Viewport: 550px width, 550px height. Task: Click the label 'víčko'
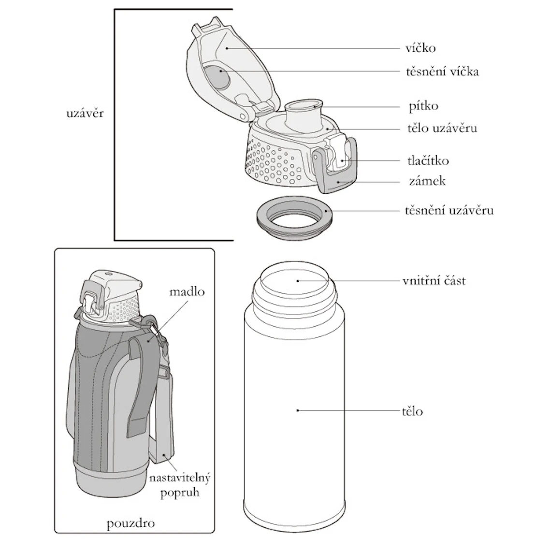[x=420, y=48]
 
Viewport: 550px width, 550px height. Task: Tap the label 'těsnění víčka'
[x=442, y=71]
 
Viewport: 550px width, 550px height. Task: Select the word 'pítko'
[x=423, y=106]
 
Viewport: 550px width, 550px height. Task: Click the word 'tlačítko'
[x=428, y=160]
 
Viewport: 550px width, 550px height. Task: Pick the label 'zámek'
[x=427, y=181]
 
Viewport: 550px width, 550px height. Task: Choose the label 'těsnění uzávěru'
[x=449, y=210]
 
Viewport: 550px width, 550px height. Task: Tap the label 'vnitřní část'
[x=434, y=281]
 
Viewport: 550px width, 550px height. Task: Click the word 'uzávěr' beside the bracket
[x=85, y=113]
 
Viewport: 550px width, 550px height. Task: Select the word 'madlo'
[x=187, y=291]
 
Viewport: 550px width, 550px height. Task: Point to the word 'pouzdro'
[x=130, y=523]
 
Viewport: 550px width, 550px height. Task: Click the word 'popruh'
[x=180, y=493]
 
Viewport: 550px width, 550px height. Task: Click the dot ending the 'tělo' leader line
[x=297, y=410]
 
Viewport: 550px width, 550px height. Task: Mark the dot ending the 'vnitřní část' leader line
[x=297, y=281]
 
